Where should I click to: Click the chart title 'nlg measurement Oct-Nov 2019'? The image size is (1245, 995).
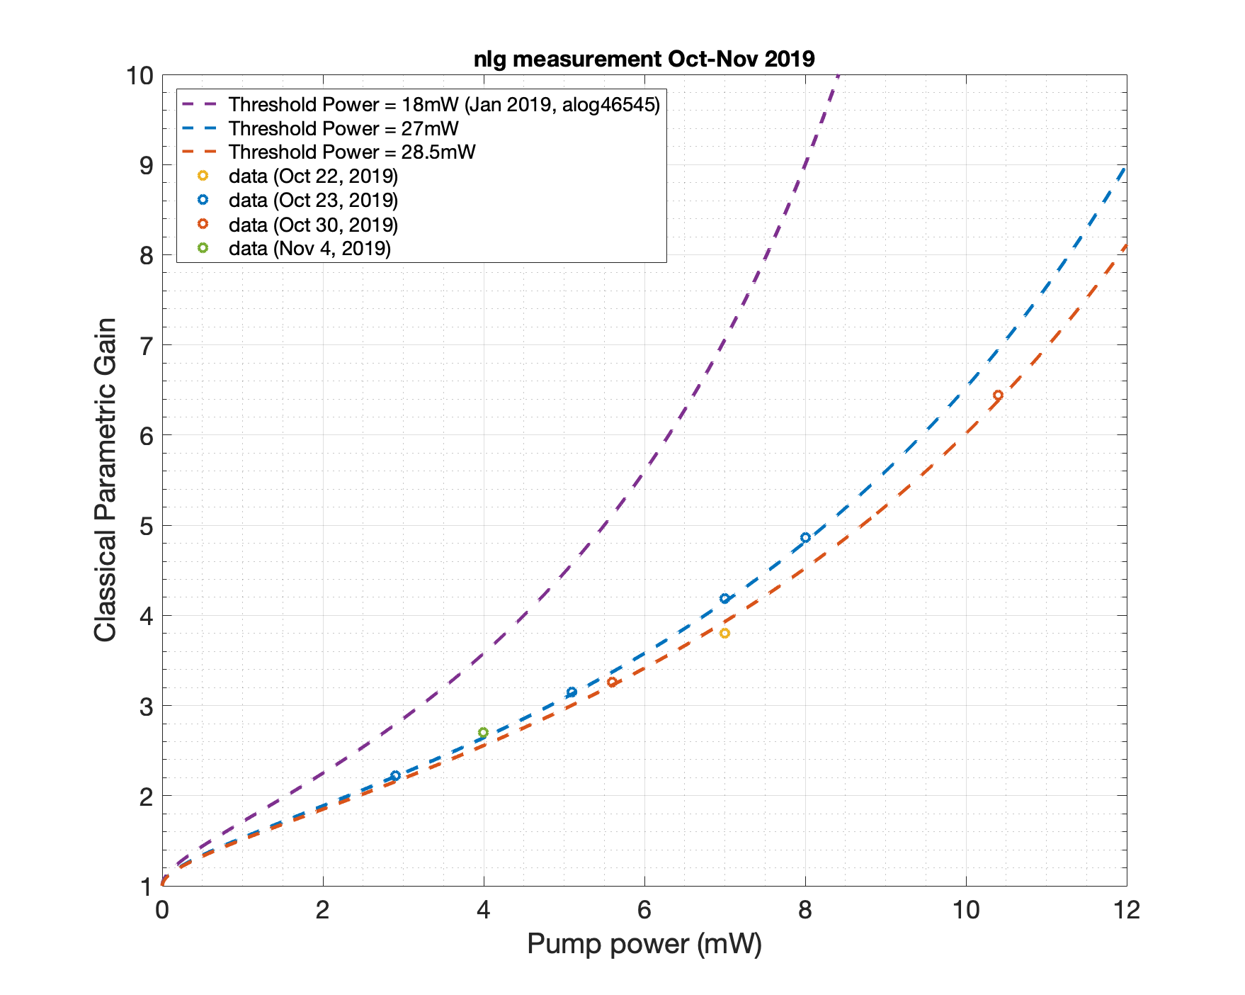point(644,58)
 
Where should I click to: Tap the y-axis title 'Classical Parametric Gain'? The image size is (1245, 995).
point(106,480)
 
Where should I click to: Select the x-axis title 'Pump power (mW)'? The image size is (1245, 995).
point(644,944)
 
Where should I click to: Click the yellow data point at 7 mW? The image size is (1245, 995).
point(724,633)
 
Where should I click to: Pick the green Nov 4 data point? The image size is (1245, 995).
point(483,732)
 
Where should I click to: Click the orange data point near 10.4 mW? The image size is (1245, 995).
point(998,395)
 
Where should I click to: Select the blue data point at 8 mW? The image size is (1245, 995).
point(805,537)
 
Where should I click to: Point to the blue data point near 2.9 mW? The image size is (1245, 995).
point(395,775)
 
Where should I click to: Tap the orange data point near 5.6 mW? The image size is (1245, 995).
point(612,682)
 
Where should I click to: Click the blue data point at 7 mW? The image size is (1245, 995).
point(724,598)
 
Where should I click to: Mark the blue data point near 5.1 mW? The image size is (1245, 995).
point(572,692)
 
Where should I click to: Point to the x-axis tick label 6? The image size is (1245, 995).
point(644,910)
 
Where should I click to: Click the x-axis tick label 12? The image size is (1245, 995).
point(1126,910)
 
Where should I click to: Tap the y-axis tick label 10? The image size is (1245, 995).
point(140,75)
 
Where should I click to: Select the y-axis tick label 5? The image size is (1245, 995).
point(147,526)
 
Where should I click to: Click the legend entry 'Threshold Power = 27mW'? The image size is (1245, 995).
point(343,129)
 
